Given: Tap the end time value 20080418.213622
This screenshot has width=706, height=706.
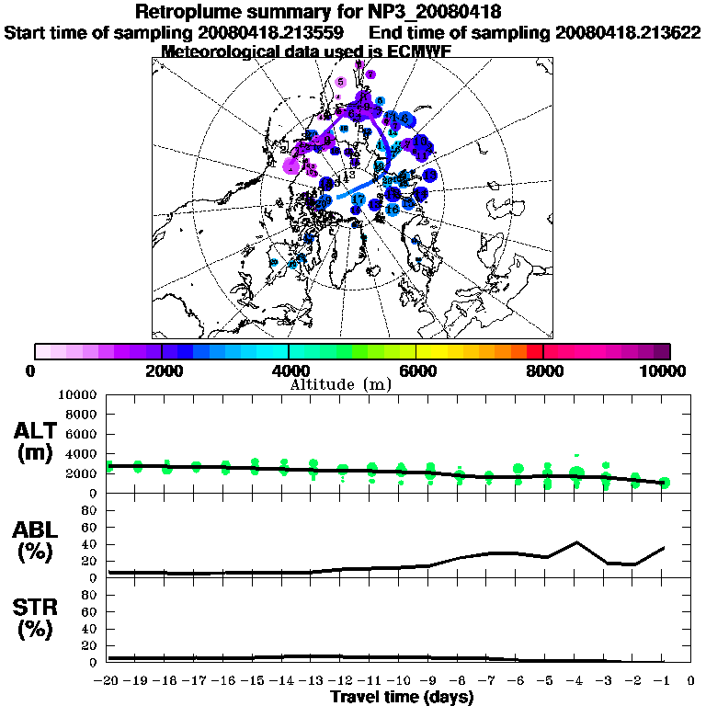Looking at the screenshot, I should (x=628, y=32).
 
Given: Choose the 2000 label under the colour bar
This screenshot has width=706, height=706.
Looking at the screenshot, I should (x=162, y=370).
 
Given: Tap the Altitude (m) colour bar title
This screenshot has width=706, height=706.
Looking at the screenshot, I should (x=340, y=383).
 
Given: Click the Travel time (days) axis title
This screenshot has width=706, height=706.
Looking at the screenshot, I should (x=402, y=698).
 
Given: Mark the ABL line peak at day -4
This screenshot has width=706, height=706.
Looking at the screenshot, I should (x=576, y=542).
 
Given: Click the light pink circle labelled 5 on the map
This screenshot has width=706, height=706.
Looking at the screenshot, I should (x=341, y=83).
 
